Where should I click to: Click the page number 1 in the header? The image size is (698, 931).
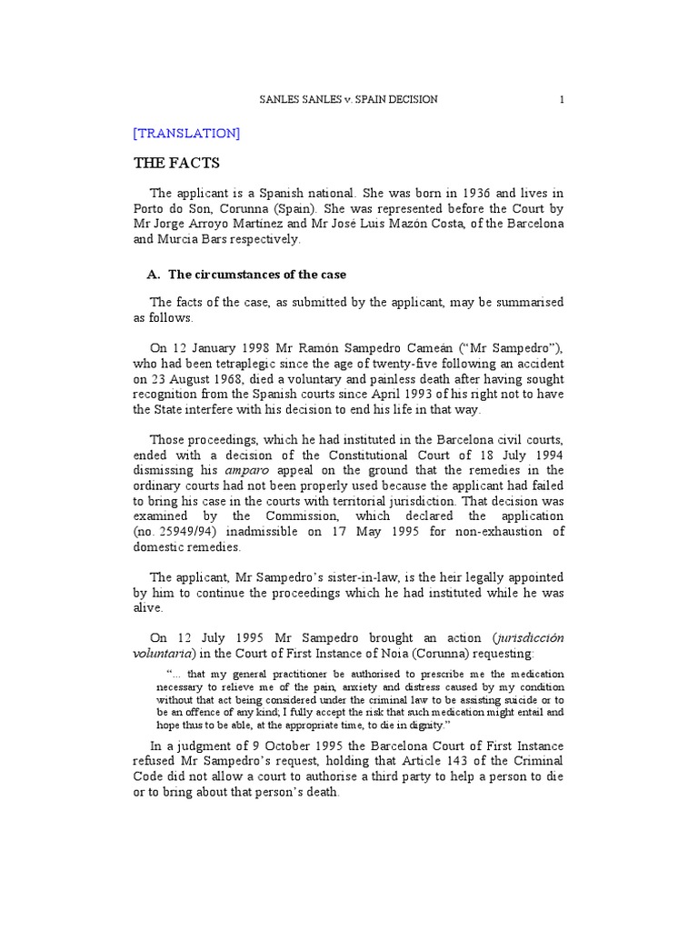[562, 99]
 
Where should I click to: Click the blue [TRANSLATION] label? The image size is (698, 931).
[186, 133]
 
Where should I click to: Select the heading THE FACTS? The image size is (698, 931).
[176, 164]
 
